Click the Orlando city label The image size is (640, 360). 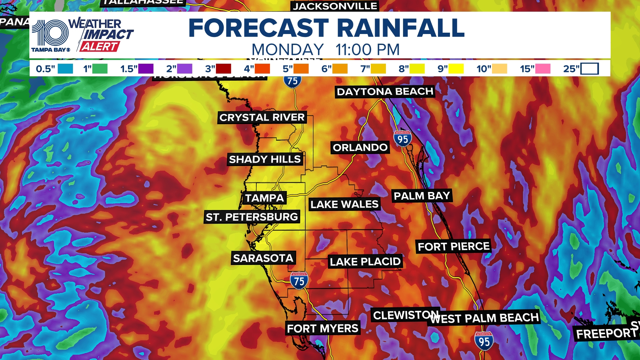coord(360,147)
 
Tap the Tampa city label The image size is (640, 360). coord(264,198)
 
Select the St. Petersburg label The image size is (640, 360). coord(252,217)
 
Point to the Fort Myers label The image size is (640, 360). coord(322,328)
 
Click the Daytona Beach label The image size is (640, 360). coord(385,92)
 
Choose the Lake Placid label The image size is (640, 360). coord(365,262)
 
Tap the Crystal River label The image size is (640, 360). coord(262,117)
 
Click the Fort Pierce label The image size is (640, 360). coord(453,246)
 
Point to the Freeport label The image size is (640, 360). coord(606,333)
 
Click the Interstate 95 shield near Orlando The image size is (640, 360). coord(403,139)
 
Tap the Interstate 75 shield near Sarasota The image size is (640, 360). coord(299,281)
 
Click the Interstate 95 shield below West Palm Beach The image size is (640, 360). coord(484,341)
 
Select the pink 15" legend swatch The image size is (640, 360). coord(543,69)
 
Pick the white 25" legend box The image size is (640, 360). coord(589,69)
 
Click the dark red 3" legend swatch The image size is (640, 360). coord(223,69)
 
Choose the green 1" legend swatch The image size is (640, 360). coord(100,69)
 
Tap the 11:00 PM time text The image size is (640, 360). coord(367,50)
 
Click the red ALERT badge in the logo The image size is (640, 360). coord(99,47)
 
